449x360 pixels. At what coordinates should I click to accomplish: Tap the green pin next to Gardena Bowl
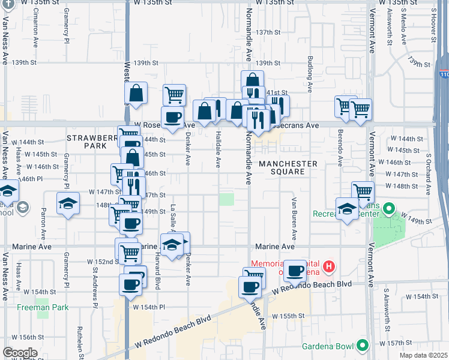tap(362, 345)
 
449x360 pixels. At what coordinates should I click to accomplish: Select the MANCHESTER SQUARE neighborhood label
tap(288, 167)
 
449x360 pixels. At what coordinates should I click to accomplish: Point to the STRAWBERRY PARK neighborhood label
tap(90, 142)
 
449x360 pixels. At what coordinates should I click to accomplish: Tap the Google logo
tap(20, 353)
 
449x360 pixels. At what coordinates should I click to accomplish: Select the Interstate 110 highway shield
tap(443, 74)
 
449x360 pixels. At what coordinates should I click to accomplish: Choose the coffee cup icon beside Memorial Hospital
tap(295, 271)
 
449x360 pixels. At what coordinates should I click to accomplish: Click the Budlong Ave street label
tap(310, 76)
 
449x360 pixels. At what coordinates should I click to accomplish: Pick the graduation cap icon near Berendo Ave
tap(347, 209)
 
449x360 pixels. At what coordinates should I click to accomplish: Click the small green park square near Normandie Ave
tap(226, 199)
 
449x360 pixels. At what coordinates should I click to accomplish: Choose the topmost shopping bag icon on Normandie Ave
tap(253, 80)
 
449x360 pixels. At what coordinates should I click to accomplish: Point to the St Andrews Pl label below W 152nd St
tap(95, 287)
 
